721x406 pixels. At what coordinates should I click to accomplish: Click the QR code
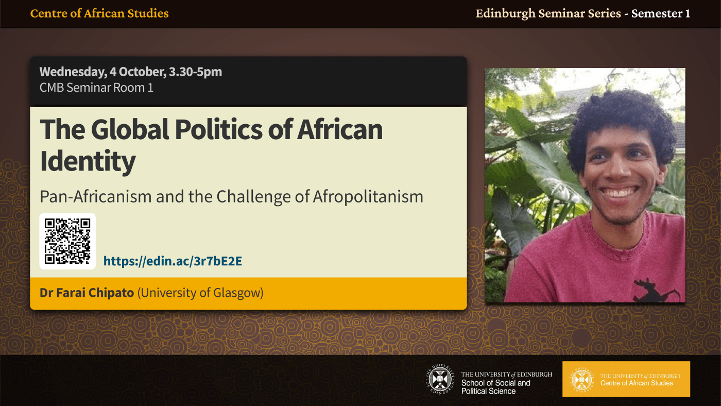point(67,241)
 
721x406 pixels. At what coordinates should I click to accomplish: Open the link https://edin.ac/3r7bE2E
point(173,261)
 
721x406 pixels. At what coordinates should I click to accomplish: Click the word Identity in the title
point(88,161)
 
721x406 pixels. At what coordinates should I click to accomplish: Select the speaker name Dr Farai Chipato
point(87,293)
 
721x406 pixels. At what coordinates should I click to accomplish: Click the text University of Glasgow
point(200,293)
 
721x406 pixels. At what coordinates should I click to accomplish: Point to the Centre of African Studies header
point(99,13)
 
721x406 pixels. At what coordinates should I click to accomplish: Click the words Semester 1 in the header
point(661,13)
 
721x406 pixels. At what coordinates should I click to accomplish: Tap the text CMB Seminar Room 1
point(96,88)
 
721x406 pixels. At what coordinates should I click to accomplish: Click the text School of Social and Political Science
point(495,387)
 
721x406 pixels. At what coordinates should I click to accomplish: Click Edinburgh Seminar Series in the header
point(548,13)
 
